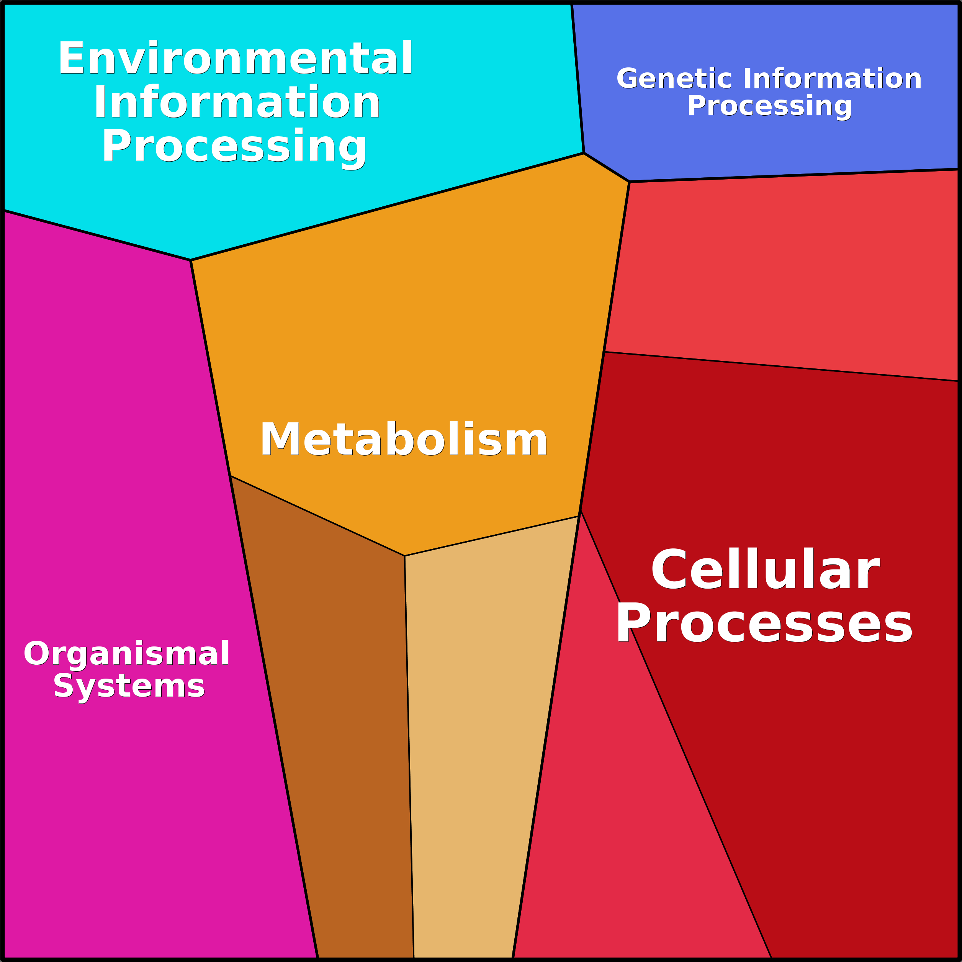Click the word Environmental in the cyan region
[x=235, y=59]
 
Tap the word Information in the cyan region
[x=237, y=103]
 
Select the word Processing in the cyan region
[x=234, y=146]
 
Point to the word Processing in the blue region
[x=769, y=106]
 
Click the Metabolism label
[x=403, y=439]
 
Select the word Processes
[x=764, y=624]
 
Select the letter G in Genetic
[x=627, y=79]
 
